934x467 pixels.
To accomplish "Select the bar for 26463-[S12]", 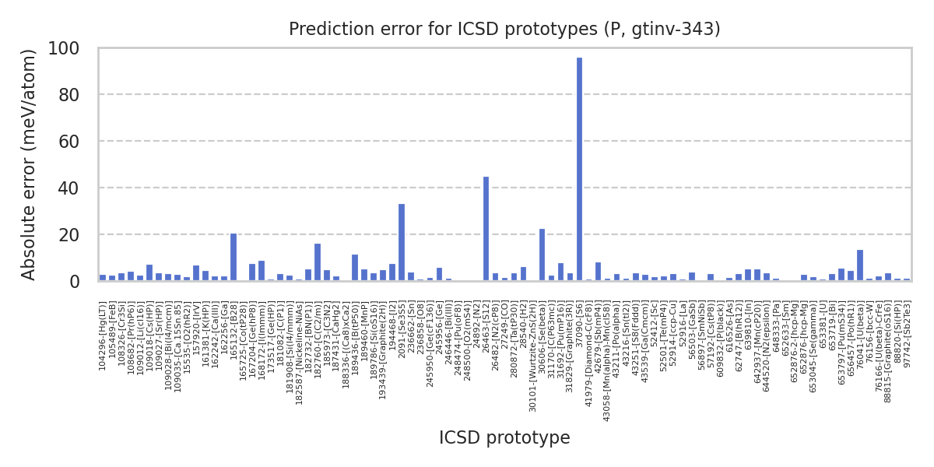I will coord(486,229).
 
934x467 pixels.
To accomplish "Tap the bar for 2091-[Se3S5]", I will coord(402,242).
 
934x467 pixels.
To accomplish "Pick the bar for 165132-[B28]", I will coord(233,258).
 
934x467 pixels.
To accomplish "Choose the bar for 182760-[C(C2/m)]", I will coord(318,262).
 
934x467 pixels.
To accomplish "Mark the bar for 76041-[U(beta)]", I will coord(860,265).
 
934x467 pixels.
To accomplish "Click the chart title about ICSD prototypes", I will coord(504,30).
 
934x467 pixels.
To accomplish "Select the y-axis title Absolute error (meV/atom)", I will coord(30,164).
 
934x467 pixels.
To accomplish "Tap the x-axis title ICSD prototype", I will coord(504,437).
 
